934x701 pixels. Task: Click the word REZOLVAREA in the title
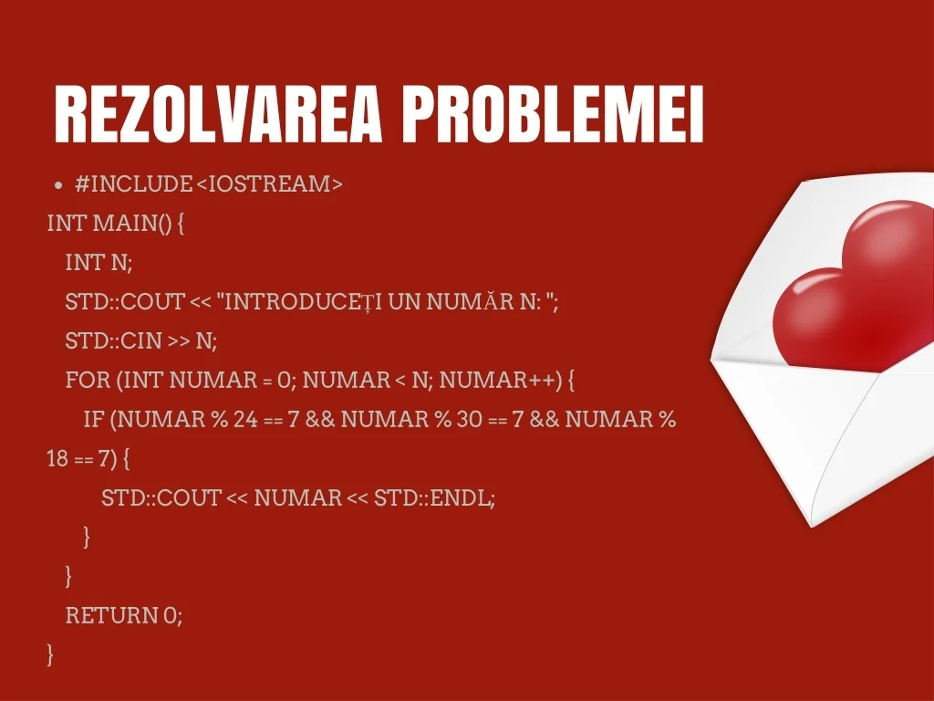217,114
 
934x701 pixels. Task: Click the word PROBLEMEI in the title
554,114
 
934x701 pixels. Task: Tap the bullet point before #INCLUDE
57,184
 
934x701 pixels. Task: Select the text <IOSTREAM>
269,183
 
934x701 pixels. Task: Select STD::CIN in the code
114,340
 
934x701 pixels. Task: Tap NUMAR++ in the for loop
497,380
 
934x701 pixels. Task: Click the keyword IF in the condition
94,419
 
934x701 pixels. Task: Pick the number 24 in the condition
245,419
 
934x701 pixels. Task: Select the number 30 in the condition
470,419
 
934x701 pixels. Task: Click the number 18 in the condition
57,458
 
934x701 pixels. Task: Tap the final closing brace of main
50,654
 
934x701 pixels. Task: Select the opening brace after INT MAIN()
182,225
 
